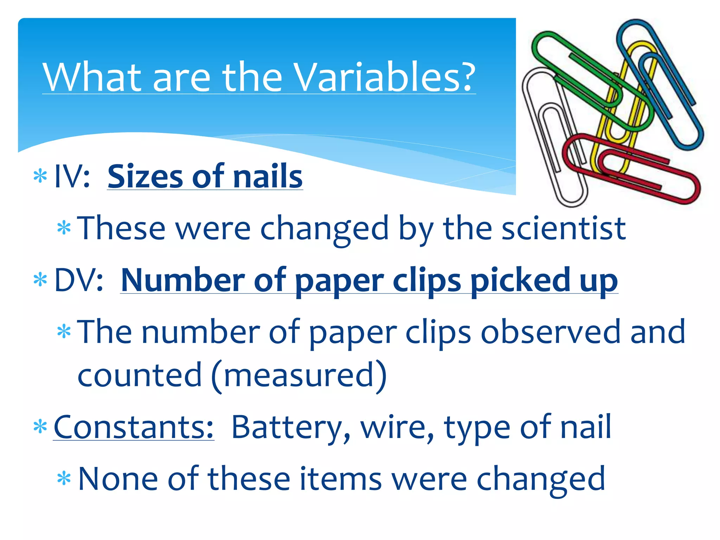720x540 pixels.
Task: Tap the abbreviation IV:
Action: [x=72, y=176]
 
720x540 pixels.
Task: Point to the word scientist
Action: [x=564, y=229]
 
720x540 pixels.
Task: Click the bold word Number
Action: [x=183, y=280]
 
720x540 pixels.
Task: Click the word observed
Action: [x=551, y=332]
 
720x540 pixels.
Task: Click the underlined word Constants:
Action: [x=134, y=427]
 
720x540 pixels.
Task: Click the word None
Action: [x=118, y=479]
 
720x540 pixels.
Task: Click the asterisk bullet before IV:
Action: [x=40, y=176]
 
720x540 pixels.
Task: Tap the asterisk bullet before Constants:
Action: [x=40, y=427]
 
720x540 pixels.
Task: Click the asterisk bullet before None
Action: [x=64, y=478]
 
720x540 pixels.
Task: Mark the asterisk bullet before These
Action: [x=64, y=228]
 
